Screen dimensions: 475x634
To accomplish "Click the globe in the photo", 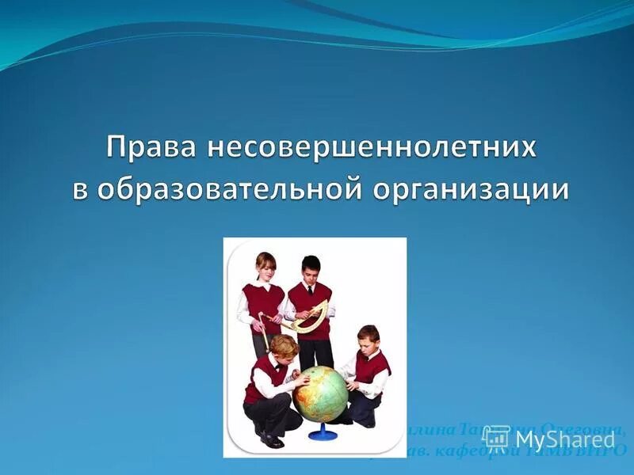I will click(x=320, y=392).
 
